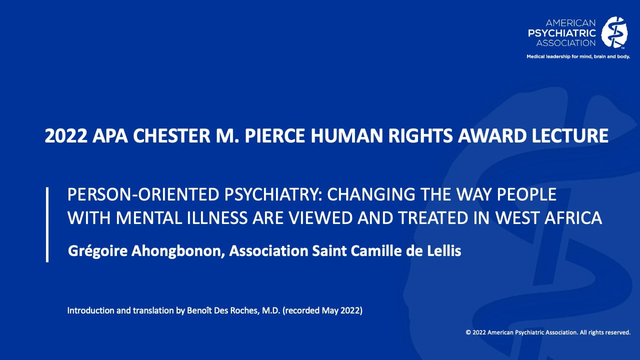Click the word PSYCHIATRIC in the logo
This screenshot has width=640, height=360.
(x=562, y=33)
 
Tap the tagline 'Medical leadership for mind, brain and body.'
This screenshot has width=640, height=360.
(x=578, y=56)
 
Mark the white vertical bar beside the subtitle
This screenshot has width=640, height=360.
(x=47, y=224)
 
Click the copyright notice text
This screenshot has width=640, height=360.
(x=548, y=332)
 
